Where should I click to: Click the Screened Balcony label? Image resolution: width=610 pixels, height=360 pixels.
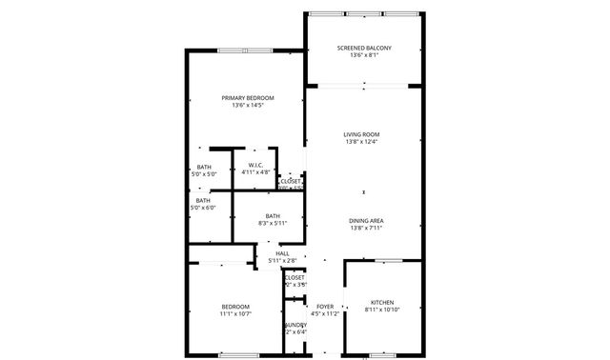[x=364, y=48]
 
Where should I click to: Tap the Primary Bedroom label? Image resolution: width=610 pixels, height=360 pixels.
[x=248, y=98]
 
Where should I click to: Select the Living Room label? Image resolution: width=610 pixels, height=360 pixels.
[x=361, y=134]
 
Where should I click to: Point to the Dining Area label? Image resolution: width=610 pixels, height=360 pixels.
[x=366, y=220]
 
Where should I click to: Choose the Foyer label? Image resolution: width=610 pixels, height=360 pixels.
[x=325, y=306]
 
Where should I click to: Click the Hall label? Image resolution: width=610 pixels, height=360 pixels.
[x=282, y=252]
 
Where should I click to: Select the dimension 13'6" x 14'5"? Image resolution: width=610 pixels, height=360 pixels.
[x=248, y=106]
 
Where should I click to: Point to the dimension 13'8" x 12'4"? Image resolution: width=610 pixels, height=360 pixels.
[x=361, y=142]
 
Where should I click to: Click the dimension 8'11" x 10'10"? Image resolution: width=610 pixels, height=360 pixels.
[x=382, y=310]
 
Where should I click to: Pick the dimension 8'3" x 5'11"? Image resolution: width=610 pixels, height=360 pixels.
[x=273, y=224]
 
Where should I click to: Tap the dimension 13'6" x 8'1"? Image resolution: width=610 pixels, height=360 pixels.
[x=364, y=55]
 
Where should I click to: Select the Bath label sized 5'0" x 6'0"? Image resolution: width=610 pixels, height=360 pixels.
[x=203, y=200]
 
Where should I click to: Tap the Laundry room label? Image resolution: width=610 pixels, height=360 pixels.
[x=295, y=325]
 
